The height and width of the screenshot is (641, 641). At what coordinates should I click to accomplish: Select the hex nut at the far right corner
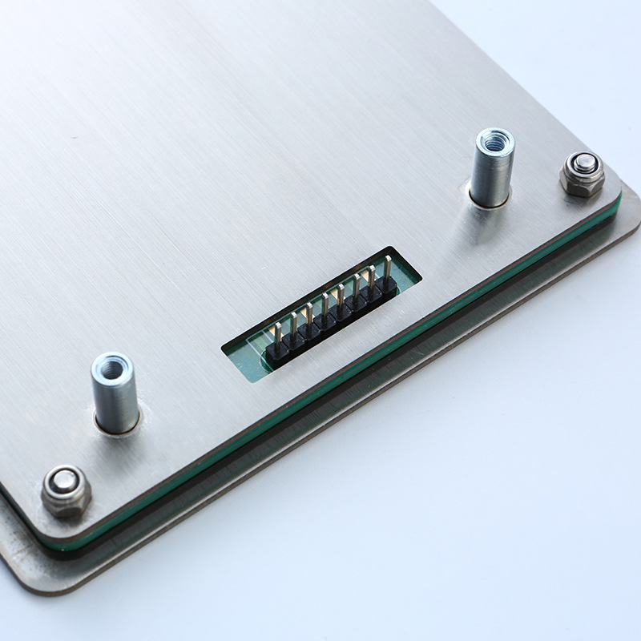582,174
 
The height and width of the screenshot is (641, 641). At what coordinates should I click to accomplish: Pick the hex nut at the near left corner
65,490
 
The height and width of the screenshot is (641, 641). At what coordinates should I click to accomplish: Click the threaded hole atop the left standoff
111,365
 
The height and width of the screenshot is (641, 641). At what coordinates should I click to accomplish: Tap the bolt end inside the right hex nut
585,163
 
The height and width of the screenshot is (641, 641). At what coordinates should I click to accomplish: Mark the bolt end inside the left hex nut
63,481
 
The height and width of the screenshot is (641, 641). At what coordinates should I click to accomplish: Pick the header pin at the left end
276,337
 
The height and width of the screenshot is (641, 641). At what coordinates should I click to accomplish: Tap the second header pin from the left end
292,327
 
